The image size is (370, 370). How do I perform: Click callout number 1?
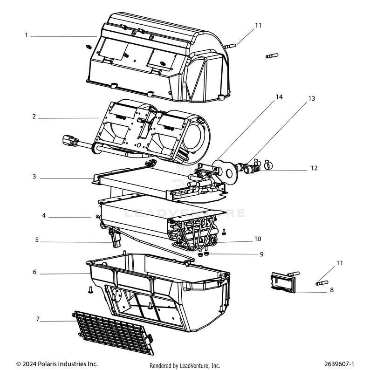click(x=27, y=35)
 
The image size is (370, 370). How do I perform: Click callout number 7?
click(x=38, y=320)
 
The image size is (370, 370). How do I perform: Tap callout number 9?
click(x=261, y=254)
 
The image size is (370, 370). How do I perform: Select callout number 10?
click(x=258, y=239)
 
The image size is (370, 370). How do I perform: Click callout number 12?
click(x=315, y=167)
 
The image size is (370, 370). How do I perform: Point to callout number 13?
click(x=312, y=99)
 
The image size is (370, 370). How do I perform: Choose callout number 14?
click(x=279, y=97)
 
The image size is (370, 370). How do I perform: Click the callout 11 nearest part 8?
click(x=339, y=263)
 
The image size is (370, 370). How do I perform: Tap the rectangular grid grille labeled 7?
click(x=114, y=331)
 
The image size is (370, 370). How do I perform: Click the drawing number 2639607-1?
click(x=339, y=363)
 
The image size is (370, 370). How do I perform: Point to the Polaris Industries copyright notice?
click(x=57, y=363)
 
